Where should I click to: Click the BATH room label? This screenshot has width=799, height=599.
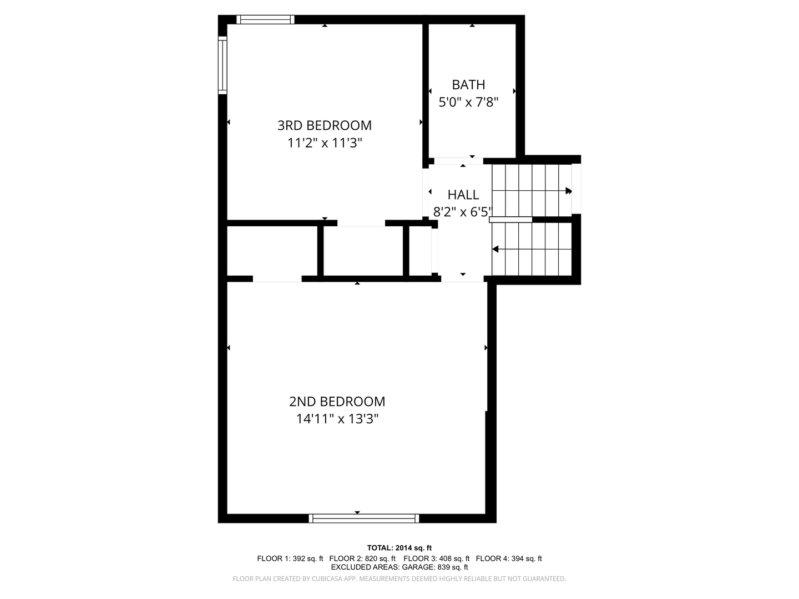click(468, 85)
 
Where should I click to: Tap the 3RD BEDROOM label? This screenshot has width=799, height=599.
click(325, 125)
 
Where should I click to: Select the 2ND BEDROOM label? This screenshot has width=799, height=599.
click(337, 402)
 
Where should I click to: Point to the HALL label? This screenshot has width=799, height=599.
click(463, 195)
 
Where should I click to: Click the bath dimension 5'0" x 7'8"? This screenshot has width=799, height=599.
click(469, 103)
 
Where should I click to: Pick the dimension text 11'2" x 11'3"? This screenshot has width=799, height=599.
click(325, 143)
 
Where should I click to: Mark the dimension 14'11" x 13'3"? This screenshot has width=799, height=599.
click(337, 419)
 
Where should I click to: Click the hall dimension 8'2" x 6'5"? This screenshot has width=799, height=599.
click(463, 212)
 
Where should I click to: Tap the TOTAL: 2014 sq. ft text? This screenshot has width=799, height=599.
click(399, 548)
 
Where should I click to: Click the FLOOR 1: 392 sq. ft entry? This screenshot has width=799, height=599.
click(290, 559)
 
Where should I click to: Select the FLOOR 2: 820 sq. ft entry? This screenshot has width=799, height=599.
click(362, 559)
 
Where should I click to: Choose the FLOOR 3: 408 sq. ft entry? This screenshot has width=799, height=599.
click(436, 559)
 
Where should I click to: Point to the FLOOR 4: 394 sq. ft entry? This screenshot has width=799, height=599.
click(509, 559)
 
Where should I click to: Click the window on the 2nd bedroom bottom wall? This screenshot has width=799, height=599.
click(364, 519)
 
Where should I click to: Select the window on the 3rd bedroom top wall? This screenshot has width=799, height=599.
click(265, 19)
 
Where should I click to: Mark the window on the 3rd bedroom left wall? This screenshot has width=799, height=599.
click(222, 64)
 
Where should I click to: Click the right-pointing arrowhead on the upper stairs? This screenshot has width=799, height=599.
click(569, 191)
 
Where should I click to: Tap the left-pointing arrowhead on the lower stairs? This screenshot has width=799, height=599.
click(495, 250)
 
